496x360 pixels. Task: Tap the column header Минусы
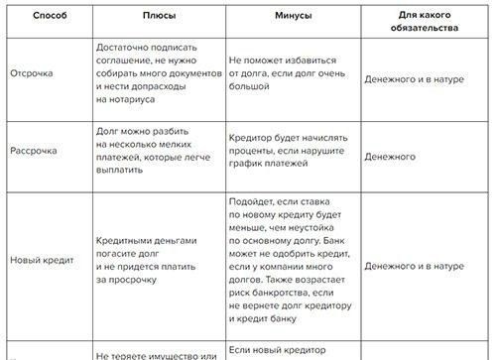(x=295, y=18)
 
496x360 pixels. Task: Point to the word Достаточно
(x=125, y=48)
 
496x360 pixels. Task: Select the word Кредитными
(x=129, y=241)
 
